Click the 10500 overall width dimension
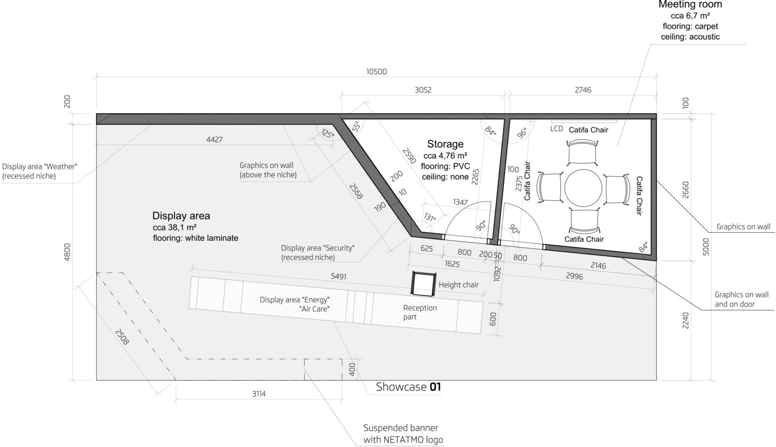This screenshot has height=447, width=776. coord(376,72)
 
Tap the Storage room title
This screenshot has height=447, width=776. coord(445,144)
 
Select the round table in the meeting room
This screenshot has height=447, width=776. coord(583,188)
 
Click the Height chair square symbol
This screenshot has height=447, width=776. coord(423,284)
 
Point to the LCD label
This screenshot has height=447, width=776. coord(556,129)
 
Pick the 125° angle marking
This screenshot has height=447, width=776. coord(328,133)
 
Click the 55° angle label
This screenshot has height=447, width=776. coord(356,127)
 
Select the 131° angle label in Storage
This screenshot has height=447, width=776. coord(429,217)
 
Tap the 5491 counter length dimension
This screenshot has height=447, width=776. coord(338,276)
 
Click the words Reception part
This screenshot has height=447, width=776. coord(419,312)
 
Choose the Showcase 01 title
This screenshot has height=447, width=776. coord(408,387)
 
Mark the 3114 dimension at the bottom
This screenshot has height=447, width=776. coord(259,394)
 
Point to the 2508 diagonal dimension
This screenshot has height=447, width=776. coord(122,337)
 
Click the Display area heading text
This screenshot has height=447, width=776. coord(181,216)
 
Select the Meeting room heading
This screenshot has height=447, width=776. coord(690,5)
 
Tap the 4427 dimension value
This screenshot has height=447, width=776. coord(214,140)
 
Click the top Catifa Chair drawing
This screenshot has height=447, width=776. coord(582,153)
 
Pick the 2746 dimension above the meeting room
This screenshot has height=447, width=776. coord(583,90)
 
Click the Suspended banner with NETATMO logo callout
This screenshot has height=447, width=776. coord(403,434)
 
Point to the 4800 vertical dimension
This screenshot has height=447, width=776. coord(67,252)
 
